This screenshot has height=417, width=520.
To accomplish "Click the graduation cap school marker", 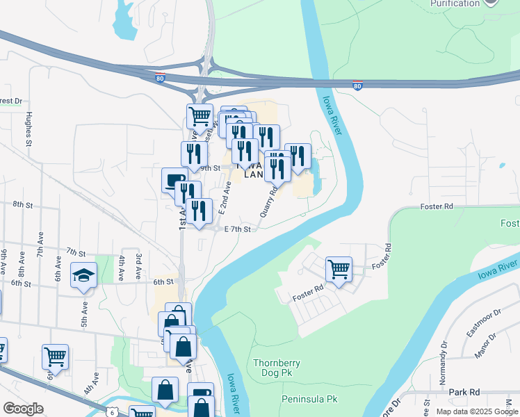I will tap(83, 275).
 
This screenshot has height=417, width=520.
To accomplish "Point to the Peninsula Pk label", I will tap(309, 400).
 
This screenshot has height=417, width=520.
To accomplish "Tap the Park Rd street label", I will tap(465, 393).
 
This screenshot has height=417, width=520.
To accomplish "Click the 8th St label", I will tap(23, 204).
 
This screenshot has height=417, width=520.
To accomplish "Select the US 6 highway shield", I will tap(112, 411).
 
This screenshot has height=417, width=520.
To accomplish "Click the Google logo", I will tap(23, 409).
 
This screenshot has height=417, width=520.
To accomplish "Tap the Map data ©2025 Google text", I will tap(476, 411).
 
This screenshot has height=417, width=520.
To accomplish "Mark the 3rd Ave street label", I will tap(139, 267).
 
